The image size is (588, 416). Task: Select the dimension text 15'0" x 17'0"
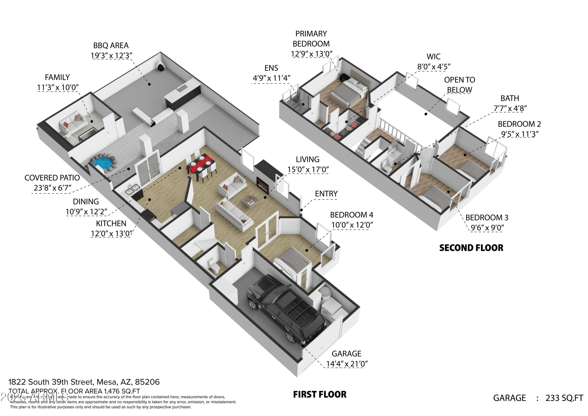308,170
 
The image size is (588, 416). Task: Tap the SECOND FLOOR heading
471,248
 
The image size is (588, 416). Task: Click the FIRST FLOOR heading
320,394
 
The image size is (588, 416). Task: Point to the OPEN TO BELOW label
459,85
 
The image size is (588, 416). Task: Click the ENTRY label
326,194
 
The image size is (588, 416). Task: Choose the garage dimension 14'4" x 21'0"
347,364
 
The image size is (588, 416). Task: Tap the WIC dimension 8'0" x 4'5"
434,67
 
